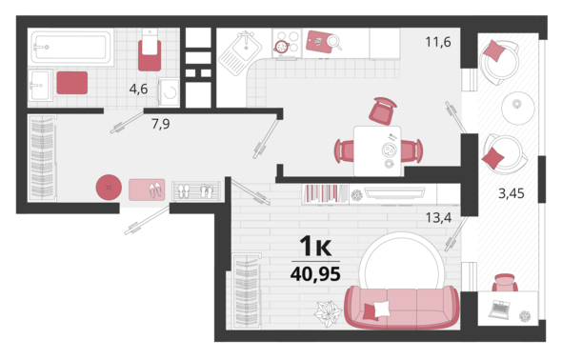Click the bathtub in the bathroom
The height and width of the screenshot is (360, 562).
(x=71, y=47)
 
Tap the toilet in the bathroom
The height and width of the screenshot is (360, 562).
(x=150, y=50)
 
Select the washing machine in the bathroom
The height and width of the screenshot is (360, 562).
(x=169, y=92)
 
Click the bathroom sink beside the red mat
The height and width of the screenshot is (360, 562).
(x=40, y=86)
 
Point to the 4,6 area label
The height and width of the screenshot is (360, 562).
(x=138, y=89)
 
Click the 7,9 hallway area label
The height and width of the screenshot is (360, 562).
(x=161, y=124)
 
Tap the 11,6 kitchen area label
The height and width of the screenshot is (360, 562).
(x=438, y=42)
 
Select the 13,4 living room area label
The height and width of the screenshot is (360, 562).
(x=438, y=217)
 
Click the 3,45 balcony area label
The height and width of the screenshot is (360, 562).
(x=512, y=193)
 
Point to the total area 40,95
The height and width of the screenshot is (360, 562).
(x=315, y=274)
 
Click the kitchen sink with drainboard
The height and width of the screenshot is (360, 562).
(x=241, y=53)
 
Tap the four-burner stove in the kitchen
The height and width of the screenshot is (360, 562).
(x=287, y=43)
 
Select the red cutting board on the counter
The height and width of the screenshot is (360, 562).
(x=320, y=42)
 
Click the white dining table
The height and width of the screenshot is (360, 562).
(x=377, y=150)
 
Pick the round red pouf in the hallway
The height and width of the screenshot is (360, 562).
(x=109, y=188)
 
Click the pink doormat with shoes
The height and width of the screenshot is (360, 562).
(x=147, y=190)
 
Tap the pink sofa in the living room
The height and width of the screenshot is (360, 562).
(x=401, y=308)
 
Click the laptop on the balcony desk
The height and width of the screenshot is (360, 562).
(x=500, y=310)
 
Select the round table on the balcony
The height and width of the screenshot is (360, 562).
(x=518, y=109)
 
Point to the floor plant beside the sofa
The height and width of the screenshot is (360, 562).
(x=328, y=313)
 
